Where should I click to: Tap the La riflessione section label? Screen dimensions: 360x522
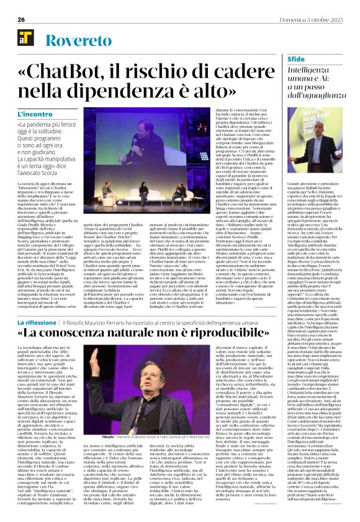coord(37,340)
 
